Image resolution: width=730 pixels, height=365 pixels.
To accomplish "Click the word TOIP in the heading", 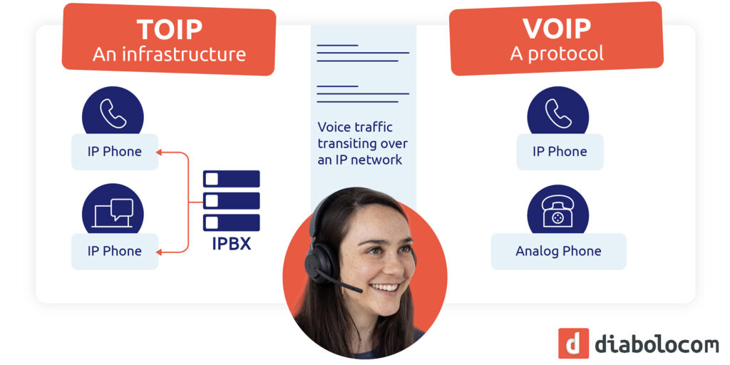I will click(x=169, y=30).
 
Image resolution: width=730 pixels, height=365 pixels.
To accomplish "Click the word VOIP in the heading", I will click(x=556, y=29).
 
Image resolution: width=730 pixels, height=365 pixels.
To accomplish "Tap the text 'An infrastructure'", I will click(x=169, y=54).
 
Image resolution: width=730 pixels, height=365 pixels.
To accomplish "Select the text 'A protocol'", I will click(x=557, y=53).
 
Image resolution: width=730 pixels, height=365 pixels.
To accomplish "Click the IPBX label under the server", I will click(x=232, y=245).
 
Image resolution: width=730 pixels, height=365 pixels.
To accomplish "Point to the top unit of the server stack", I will click(x=232, y=179).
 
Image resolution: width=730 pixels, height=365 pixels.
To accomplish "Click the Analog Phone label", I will click(x=558, y=251).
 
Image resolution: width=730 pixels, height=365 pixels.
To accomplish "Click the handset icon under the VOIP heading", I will click(x=557, y=113).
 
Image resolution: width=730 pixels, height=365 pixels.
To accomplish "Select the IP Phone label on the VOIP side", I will click(x=560, y=151).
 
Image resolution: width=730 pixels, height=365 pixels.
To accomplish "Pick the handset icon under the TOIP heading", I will click(x=113, y=113).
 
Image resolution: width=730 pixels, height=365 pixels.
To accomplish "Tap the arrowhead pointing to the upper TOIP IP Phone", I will click(x=161, y=151).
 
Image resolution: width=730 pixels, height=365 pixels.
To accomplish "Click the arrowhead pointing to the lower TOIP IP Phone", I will click(x=161, y=251).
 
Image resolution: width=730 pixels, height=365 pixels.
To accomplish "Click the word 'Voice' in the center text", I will click(x=334, y=127).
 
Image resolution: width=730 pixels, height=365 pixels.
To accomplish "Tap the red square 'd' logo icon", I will click(x=573, y=344).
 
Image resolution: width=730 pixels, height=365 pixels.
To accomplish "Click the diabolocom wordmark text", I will click(x=656, y=344).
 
